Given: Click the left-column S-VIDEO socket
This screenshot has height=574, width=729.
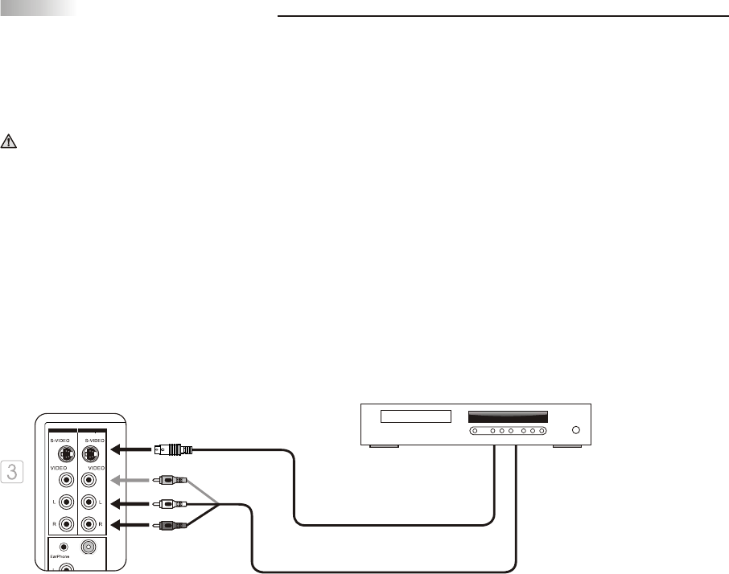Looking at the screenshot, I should pyautogui.click(x=64, y=450).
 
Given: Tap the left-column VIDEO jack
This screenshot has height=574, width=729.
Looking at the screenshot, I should pyautogui.click(x=64, y=482).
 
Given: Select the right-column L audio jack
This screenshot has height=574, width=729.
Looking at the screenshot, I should pyautogui.click(x=94, y=502).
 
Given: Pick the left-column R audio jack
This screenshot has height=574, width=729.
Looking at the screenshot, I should pyautogui.click(x=64, y=523).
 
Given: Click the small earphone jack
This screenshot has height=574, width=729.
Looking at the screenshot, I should pyautogui.click(x=64, y=547).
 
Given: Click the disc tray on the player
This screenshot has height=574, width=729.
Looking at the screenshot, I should pyautogui.click(x=415, y=418).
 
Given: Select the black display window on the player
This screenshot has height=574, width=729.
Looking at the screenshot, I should pyautogui.click(x=508, y=417).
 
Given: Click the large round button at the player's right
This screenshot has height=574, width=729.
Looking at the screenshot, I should pyautogui.click(x=575, y=431).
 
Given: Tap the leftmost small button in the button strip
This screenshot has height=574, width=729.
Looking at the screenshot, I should pyautogui.click(x=476, y=432).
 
